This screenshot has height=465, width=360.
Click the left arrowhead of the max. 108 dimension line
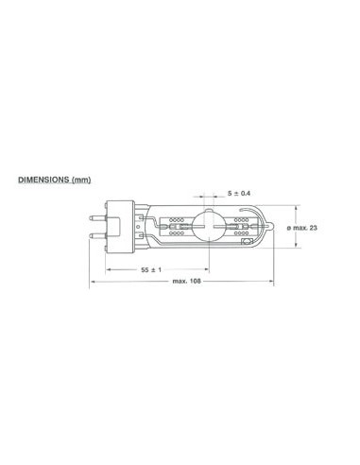point(93,282)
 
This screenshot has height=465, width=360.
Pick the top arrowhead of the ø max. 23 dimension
point(301,205)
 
